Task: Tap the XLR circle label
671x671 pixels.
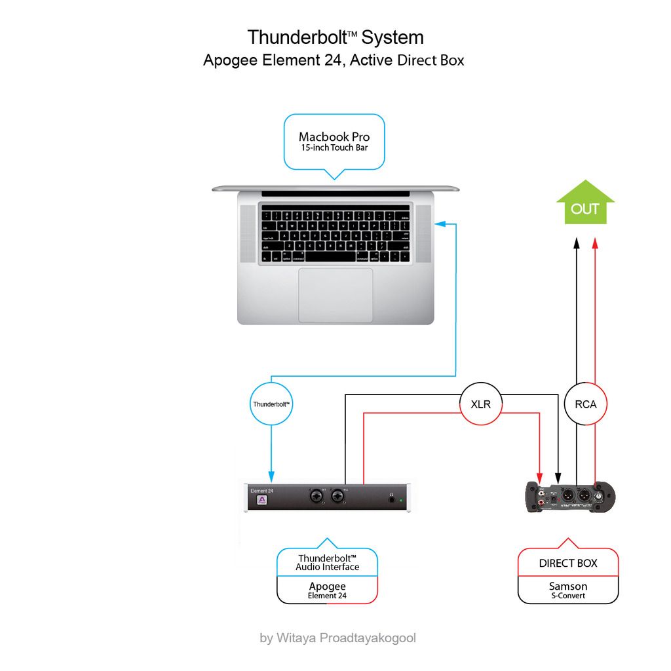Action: coord(481,404)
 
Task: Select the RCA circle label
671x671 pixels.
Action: coord(585,404)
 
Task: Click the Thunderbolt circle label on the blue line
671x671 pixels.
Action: coord(271,404)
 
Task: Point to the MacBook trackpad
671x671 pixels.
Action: coord(335,295)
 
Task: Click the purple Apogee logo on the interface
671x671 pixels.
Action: coord(261,501)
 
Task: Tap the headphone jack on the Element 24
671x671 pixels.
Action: coord(392,499)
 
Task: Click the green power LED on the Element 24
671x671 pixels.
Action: coord(401,501)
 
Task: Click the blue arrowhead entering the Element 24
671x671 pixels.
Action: coord(271,476)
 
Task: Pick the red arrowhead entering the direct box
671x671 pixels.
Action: coord(541,475)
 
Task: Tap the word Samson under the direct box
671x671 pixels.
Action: coord(568,586)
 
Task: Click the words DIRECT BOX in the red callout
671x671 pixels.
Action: coord(568,563)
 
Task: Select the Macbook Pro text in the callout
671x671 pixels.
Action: coord(334,136)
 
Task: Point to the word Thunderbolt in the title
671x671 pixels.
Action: coord(299,37)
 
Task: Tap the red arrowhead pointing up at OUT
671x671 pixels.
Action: coord(595,243)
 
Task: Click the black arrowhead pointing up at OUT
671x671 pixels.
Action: coord(577,243)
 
